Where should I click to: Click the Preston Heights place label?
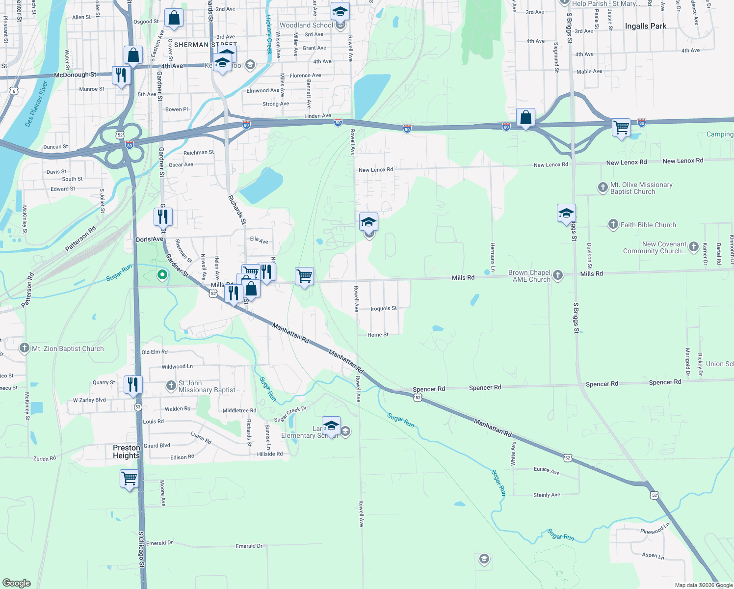click(127, 452)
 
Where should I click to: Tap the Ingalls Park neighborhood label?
click(645, 26)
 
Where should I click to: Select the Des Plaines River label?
click(36, 104)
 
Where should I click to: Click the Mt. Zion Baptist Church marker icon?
click(25, 348)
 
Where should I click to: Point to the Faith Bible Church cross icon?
click(613, 225)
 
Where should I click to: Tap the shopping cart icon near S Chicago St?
click(129, 478)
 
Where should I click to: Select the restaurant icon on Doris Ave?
click(163, 216)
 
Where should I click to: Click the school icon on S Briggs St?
click(566, 213)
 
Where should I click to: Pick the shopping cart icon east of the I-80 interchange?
click(621, 128)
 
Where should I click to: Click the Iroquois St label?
click(384, 309)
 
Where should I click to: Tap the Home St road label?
click(378, 335)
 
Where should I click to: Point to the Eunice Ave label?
click(547, 470)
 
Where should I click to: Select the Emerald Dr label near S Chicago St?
click(159, 543)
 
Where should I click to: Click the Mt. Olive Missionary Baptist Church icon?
click(603, 187)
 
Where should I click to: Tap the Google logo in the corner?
click(16, 583)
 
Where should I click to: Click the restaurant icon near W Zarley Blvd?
click(133, 385)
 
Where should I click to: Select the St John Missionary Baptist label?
click(207, 386)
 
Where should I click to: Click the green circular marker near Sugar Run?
click(162, 275)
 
